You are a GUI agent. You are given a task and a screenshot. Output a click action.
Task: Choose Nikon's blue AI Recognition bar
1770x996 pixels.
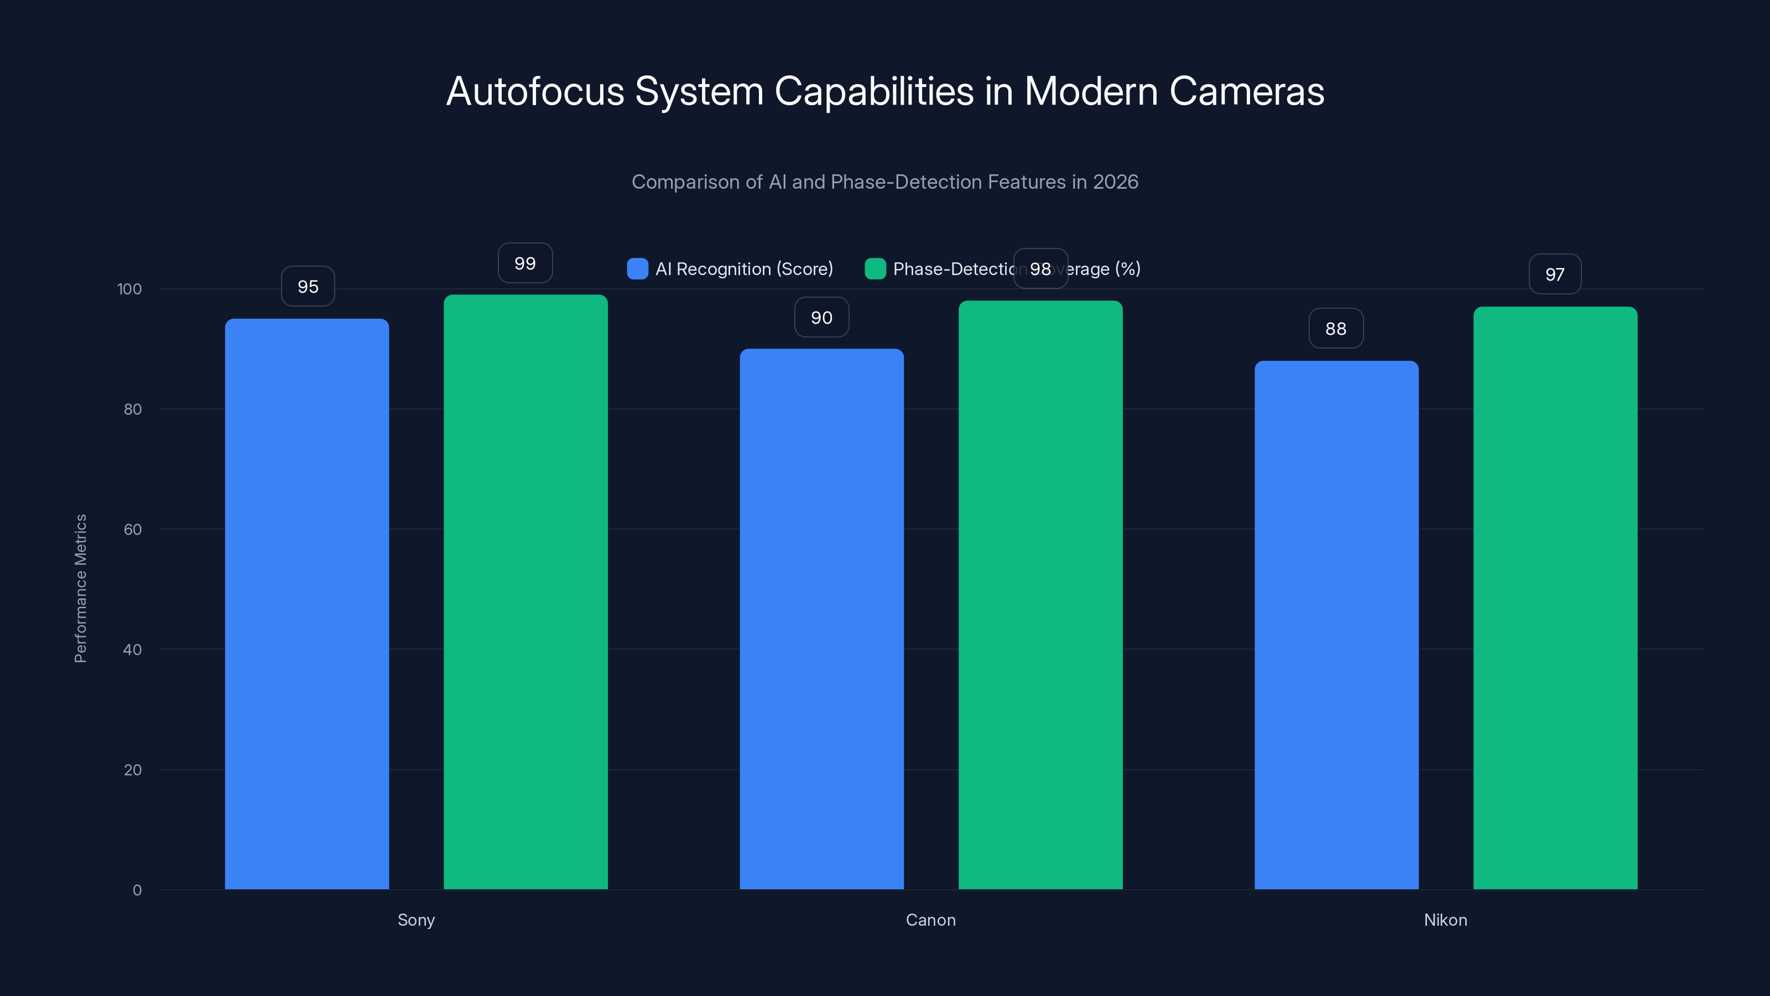[1336, 625]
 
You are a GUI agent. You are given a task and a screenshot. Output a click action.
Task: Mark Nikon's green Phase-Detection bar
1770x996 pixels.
[1555, 598]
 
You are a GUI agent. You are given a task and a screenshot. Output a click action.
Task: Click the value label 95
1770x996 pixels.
[308, 287]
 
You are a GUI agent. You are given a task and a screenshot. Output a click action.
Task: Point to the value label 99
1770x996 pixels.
[525, 263]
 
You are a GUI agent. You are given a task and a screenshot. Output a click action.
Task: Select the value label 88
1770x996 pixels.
[1335, 329]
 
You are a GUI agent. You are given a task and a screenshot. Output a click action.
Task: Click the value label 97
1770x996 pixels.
[1554, 274]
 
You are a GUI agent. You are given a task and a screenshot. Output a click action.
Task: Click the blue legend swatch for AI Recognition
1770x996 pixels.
[637, 269]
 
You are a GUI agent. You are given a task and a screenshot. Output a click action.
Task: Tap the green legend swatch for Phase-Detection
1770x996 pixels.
[874, 269]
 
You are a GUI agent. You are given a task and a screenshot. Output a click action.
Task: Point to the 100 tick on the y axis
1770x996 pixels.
[129, 289]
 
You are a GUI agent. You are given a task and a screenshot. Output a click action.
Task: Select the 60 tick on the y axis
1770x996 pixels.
[132, 530]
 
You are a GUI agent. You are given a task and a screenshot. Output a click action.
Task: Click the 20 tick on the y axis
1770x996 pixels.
[132, 770]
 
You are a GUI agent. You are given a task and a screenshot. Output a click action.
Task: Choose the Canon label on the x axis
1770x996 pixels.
[930, 920]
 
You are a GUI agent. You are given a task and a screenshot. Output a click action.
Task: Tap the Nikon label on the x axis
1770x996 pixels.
[1445, 920]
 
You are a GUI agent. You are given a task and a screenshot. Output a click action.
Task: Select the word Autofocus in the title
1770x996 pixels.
[535, 91]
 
